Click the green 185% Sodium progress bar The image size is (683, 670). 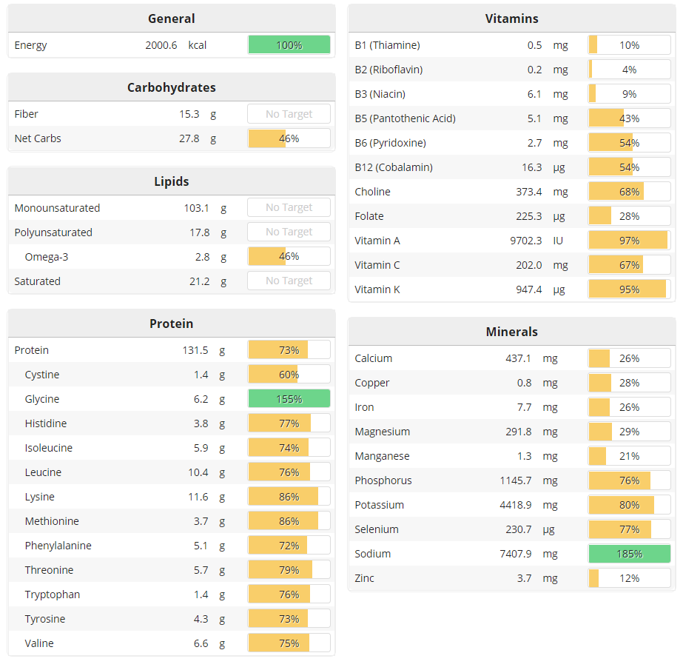pos(629,554)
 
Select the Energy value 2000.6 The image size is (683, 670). pos(161,45)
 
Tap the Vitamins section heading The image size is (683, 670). pos(511,19)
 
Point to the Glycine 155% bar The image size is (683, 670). pos(289,399)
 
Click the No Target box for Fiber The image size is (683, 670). pos(289,114)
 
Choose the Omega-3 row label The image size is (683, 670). pos(47,257)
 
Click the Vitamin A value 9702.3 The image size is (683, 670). pos(526,241)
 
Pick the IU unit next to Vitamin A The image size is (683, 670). pos(558,241)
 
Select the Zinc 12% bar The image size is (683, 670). pos(629,578)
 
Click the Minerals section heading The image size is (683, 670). pos(511,332)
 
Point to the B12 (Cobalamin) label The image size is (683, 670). pos(394,167)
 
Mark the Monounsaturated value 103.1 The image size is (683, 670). pos(197,208)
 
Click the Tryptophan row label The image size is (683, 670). pos(53,594)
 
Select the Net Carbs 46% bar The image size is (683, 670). pos(289,138)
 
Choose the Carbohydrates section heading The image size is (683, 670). pos(171,87)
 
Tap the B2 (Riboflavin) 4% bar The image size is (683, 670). pos(629,70)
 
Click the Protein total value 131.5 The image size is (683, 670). pos(196,350)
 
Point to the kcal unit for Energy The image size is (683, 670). pos(198,45)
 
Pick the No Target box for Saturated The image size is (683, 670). pos(289,281)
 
